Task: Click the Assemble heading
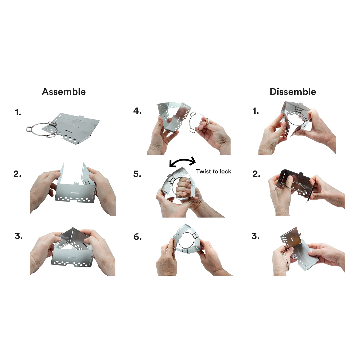[x=64, y=92]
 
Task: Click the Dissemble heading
[x=293, y=92]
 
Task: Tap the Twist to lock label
[x=214, y=172]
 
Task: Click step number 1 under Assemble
[x=18, y=113]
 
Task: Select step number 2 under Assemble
[x=17, y=174]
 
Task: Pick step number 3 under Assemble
[x=19, y=236]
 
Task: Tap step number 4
[x=137, y=111]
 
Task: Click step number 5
[x=137, y=174]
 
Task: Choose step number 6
[x=138, y=237]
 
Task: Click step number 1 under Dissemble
[x=256, y=111]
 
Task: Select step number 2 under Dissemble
[x=256, y=174]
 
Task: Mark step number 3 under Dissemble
[x=256, y=236]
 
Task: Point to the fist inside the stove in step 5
[x=183, y=187]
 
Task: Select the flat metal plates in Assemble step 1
[x=73, y=127]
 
